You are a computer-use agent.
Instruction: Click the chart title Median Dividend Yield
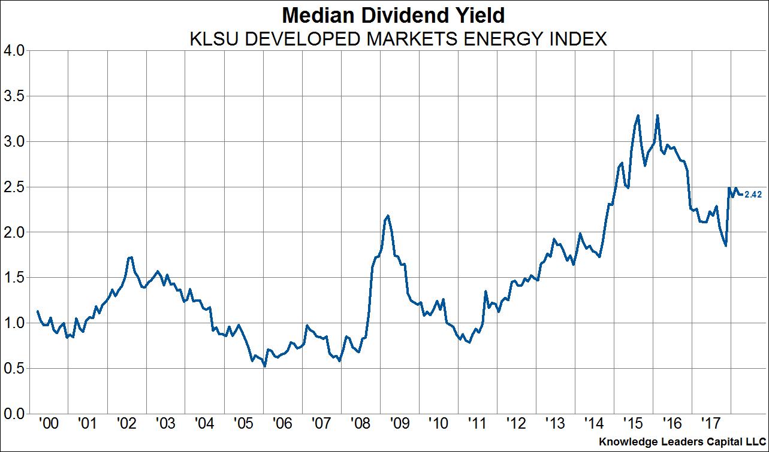[x=384, y=14]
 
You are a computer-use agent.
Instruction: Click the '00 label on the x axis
[x=48, y=424]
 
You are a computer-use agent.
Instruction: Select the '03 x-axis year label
[x=165, y=424]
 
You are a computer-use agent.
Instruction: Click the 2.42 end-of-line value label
[x=753, y=194]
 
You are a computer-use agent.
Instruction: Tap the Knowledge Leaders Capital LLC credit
[x=683, y=441]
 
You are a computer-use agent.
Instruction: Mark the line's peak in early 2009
[x=388, y=216]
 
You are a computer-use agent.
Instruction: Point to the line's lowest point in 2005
[x=264, y=365]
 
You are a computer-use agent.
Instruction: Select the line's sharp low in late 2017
[x=726, y=245]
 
